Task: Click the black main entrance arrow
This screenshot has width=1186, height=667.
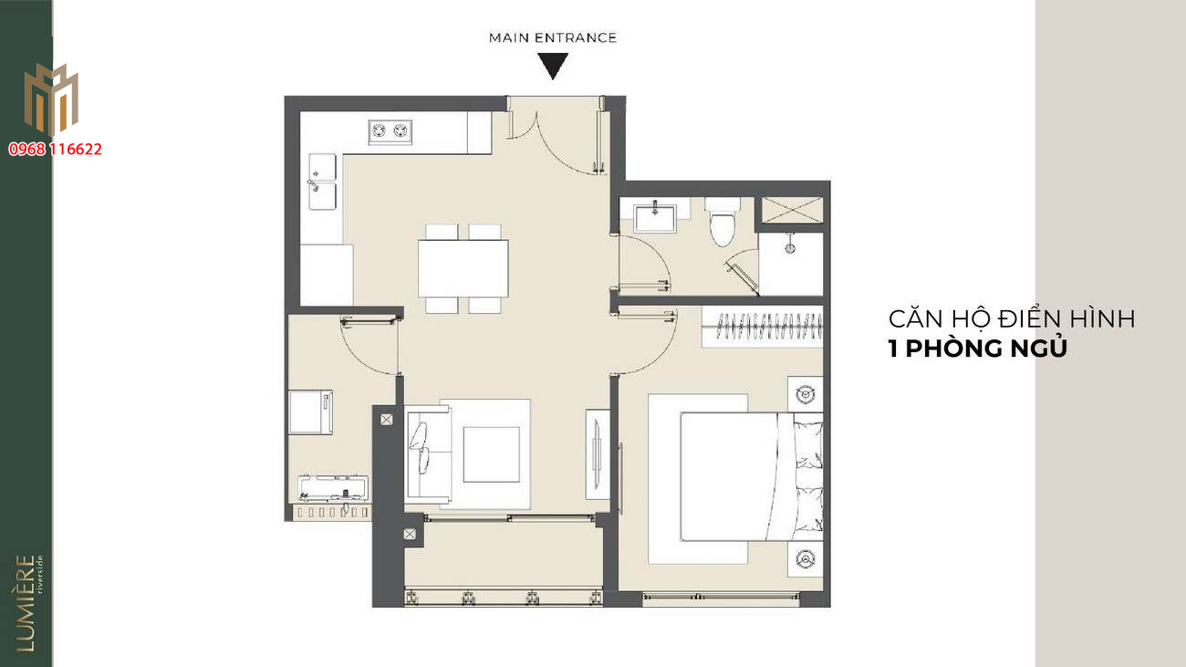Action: (x=553, y=65)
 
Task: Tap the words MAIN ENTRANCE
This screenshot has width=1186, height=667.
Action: (x=553, y=38)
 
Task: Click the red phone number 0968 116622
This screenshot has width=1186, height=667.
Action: (x=55, y=150)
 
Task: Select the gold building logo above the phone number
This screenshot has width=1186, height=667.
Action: (x=51, y=99)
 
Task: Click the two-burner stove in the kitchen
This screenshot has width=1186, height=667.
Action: (x=390, y=131)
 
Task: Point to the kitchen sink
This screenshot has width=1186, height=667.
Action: (x=322, y=182)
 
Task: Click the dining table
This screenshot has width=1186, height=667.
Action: (x=463, y=268)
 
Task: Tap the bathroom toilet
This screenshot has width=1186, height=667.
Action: (x=723, y=222)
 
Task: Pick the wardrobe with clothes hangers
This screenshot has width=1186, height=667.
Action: (x=763, y=327)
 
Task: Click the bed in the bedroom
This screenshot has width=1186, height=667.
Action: (x=752, y=476)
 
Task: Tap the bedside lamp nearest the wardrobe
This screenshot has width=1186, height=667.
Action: (x=806, y=394)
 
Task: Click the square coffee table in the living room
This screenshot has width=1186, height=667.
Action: (x=492, y=454)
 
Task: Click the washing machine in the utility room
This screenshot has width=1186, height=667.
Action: (x=311, y=412)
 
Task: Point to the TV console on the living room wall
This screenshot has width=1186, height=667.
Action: (x=598, y=454)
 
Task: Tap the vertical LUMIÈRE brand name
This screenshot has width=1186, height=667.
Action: (x=26, y=603)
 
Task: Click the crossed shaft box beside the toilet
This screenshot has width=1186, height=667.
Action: (x=792, y=210)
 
